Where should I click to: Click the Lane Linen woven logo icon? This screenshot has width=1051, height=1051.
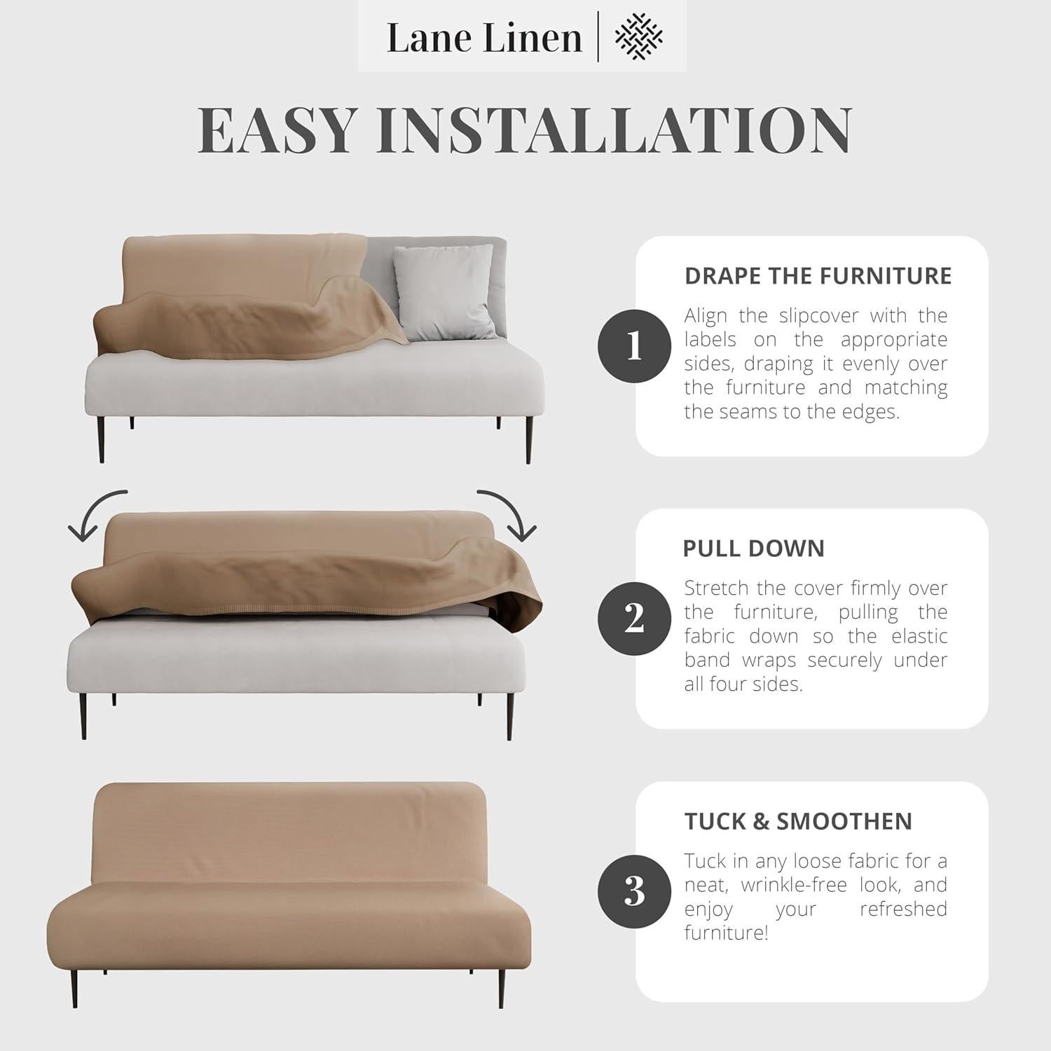(x=638, y=37)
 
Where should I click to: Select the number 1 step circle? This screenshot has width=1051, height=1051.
(x=634, y=345)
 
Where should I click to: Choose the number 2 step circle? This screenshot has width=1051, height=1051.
(x=634, y=618)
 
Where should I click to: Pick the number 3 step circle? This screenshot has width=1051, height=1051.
(x=634, y=891)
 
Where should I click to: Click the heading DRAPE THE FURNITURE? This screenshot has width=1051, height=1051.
(x=818, y=276)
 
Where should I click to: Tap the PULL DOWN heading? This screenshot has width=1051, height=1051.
(x=753, y=549)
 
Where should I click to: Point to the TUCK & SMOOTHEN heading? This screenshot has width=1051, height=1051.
(x=798, y=821)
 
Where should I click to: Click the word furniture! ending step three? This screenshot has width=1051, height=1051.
(x=726, y=933)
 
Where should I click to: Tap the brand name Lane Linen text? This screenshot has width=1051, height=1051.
(x=484, y=38)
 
